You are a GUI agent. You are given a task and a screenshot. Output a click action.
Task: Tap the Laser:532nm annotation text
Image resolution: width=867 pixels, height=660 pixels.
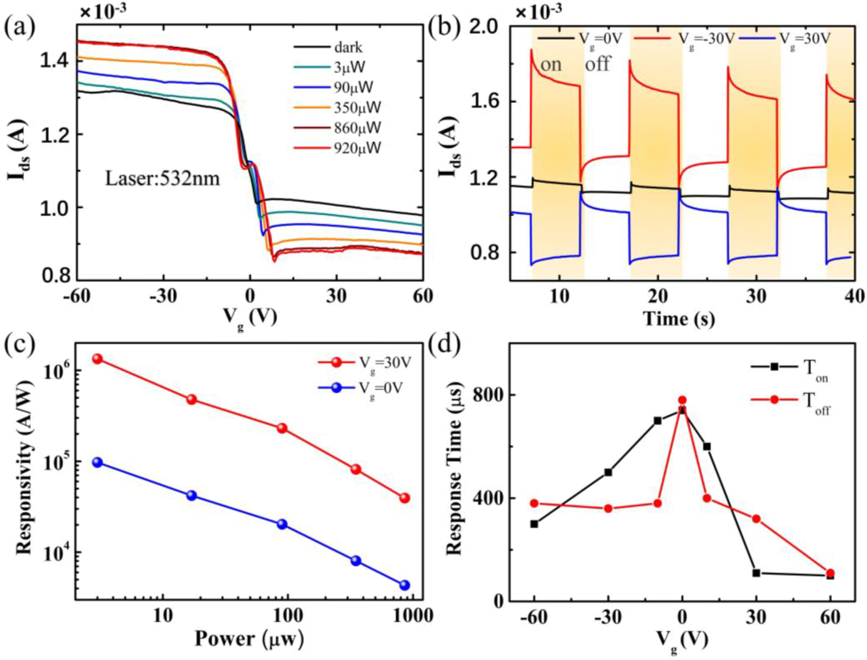pos(162,178)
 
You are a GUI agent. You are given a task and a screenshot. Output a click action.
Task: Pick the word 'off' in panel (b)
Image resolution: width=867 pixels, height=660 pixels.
pos(598,64)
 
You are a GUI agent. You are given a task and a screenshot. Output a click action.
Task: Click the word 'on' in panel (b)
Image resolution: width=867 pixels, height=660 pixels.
pos(551,65)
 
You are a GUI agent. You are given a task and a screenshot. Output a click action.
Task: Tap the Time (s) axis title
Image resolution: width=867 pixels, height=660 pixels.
pos(679,319)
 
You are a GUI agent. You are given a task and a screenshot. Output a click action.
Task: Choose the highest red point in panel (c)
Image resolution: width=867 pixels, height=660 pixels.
pos(98,359)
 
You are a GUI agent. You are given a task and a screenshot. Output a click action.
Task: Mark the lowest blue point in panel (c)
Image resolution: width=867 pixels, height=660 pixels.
pos(404,585)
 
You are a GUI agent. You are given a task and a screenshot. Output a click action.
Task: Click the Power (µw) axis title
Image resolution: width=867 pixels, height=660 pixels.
pos(249,638)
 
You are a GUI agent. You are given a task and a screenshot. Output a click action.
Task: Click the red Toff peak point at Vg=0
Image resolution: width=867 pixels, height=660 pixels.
pos(683,401)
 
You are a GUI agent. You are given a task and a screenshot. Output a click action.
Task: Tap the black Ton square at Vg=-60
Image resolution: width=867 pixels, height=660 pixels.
pos(535,524)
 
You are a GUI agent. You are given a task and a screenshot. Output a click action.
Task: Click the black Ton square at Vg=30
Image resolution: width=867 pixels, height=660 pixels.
pos(756,573)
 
